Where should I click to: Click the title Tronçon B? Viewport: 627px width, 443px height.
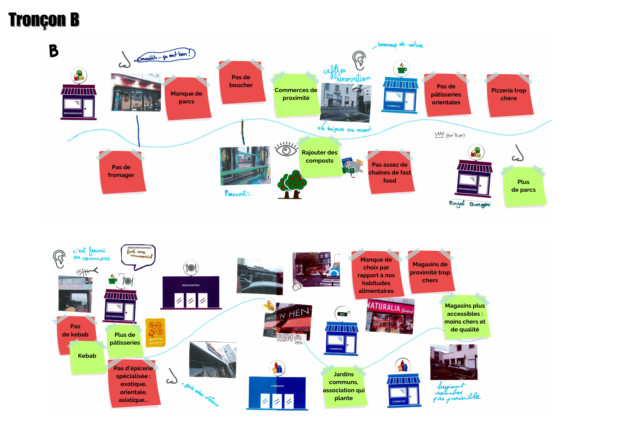pos(44,19)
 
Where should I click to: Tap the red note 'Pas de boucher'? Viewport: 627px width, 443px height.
pos(241,82)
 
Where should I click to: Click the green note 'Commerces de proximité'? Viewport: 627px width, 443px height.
pos(296,95)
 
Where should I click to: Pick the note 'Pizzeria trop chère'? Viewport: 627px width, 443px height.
pos(509,95)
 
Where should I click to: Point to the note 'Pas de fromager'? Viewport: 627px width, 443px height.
pos(122,172)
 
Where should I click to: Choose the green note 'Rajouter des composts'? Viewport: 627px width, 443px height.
pos(319,157)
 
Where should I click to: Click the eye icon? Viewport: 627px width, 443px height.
pos(286,149)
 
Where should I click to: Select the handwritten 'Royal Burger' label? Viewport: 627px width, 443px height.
pos(469,204)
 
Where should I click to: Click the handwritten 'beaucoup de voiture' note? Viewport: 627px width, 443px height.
pos(400,45)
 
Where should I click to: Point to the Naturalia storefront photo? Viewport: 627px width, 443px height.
pos(390,316)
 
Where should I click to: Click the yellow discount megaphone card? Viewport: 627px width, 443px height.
pos(155,333)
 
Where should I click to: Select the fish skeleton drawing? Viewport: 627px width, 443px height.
pos(87,271)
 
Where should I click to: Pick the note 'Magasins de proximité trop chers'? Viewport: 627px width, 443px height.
pos(430,272)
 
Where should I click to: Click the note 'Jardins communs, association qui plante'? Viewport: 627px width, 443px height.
pos(344,387)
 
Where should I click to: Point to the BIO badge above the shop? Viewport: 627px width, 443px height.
pos(342,314)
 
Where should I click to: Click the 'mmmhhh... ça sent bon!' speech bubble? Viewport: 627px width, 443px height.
pos(166,55)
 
